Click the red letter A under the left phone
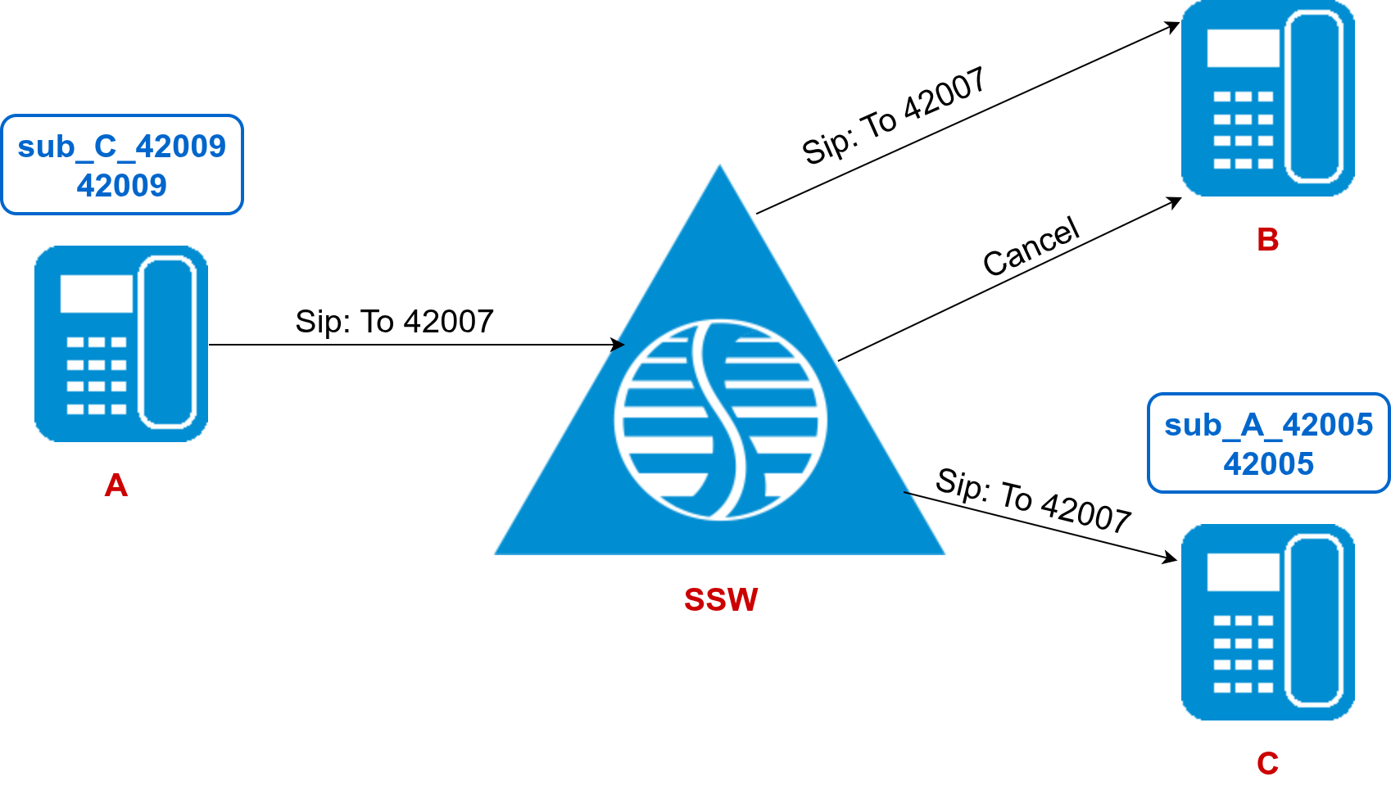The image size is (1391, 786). click(116, 486)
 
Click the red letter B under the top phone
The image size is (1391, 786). click(1267, 240)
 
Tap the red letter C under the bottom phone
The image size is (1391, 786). click(1267, 763)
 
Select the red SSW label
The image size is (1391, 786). click(721, 599)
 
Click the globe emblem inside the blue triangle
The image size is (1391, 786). click(721, 419)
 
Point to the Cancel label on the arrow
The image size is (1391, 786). click(1031, 246)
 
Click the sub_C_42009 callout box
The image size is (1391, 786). click(122, 165)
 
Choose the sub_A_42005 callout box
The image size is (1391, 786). click(1268, 443)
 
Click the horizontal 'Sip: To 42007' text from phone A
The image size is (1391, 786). click(394, 322)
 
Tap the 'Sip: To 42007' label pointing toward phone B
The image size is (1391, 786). click(893, 116)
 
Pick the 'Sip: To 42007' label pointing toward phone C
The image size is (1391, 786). click(1033, 500)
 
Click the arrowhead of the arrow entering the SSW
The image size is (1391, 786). click(618, 345)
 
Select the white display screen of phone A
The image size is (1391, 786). click(97, 293)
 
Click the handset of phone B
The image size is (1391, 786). click(1313, 97)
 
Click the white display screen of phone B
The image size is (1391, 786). click(1243, 47)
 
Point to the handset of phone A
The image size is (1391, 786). click(167, 343)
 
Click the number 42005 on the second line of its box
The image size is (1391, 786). click(1268, 464)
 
